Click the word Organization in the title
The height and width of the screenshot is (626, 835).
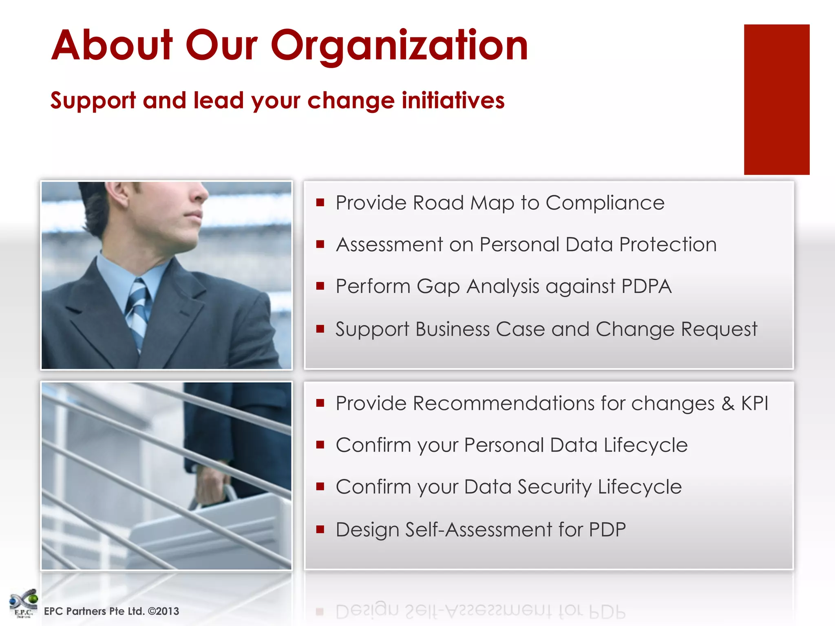click(400, 46)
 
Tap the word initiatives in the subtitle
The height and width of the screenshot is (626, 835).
click(453, 100)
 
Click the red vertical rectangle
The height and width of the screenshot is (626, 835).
click(776, 99)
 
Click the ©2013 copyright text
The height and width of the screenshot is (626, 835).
click(163, 611)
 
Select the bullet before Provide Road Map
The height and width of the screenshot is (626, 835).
click(320, 203)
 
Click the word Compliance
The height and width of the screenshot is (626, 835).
click(605, 203)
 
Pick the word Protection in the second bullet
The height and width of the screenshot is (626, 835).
click(668, 245)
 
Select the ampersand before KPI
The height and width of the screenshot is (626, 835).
click(728, 403)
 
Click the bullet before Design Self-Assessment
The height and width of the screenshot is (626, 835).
click(320, 529)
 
